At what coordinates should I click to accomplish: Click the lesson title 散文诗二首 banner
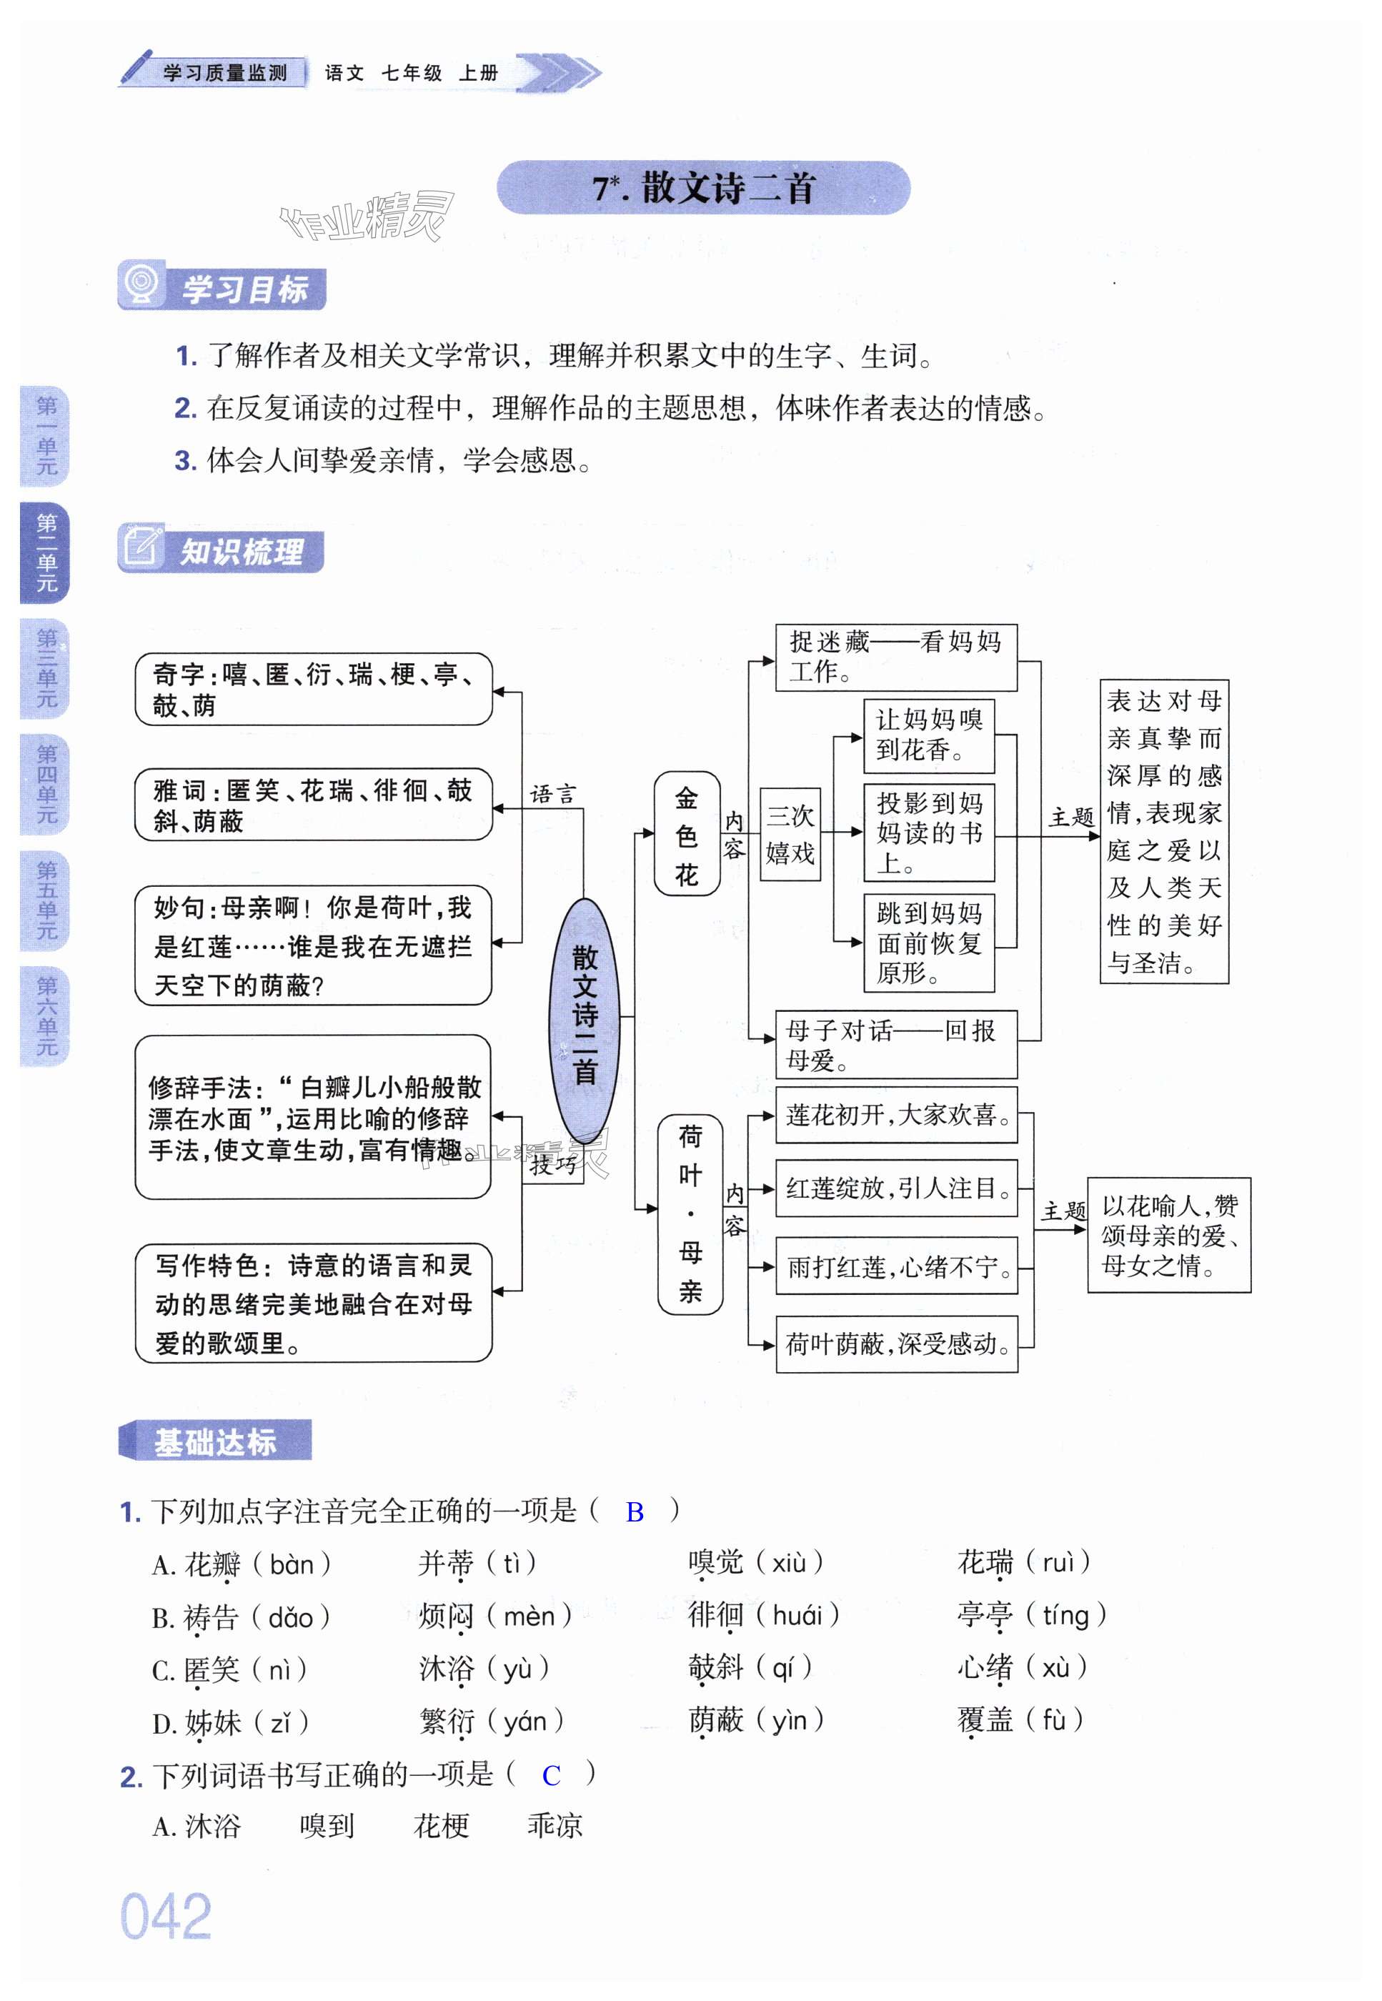click(x=703, y=188)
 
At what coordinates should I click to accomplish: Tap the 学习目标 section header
click(x=222, y=288)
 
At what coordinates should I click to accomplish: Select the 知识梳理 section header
click(x=221, y=551)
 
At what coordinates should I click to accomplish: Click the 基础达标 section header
click(x=215, y=1441)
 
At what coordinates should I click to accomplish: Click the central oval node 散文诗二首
click(x=585, y=1021)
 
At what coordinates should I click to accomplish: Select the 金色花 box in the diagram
click(x=687, y=834)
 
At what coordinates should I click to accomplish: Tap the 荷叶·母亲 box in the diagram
click(x=690, y=1213)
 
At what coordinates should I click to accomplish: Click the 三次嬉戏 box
click(x=790, y=834)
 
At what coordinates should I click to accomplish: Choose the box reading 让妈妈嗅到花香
click(x=928, y=735)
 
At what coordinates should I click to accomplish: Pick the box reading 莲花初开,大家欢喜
click(x=896, y=1116)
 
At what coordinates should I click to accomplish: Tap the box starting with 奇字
click(x=314, y=689)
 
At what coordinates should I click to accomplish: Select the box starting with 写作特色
click(x=314, y=1302)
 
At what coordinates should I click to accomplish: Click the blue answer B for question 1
click(x=635, y=1511)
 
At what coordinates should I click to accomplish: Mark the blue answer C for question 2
click(x=551, y=1775)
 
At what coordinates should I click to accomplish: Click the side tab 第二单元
click(x=46, y=552)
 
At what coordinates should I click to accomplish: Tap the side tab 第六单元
click(x=46, y=1016)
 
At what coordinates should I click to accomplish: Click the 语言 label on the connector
click(x=552, y=794)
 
